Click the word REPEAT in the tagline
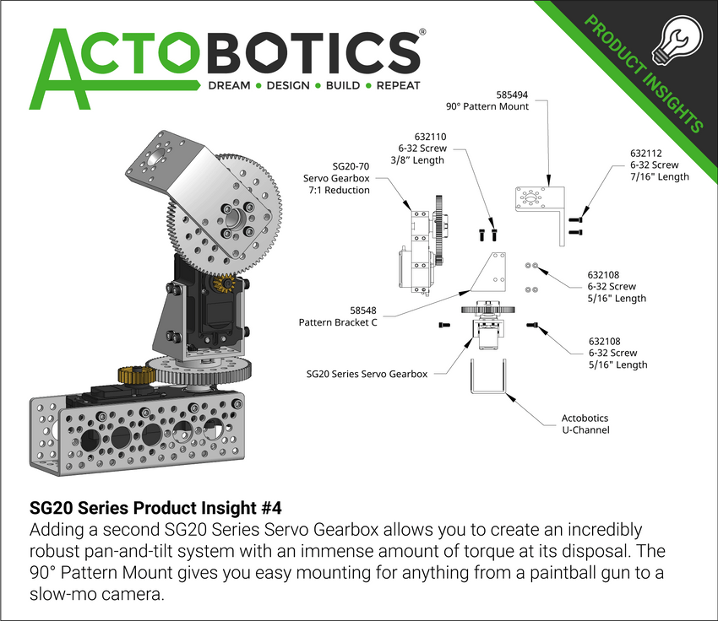coord(398,85)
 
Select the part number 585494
coord(514,94)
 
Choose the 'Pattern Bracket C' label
coord(338,322)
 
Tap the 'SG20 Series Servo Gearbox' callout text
coord(367,373)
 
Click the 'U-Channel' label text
coord(585,430)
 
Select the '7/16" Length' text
coord(659,176)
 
